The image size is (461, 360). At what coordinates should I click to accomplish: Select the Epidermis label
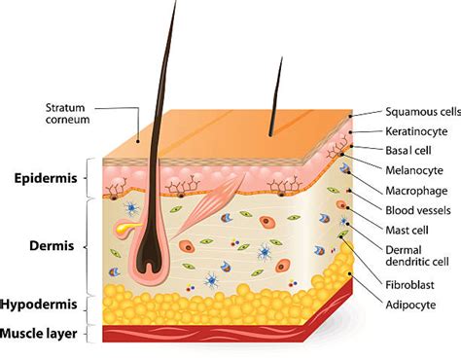coord(45,178)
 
